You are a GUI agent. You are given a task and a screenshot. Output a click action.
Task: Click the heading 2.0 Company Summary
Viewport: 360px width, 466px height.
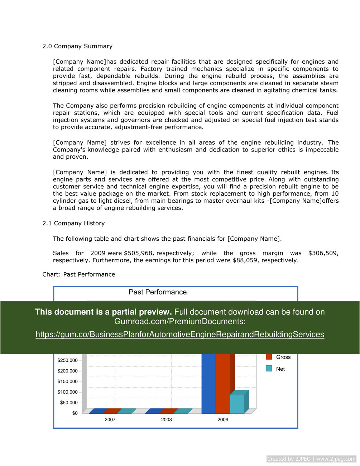(x=77, y=46)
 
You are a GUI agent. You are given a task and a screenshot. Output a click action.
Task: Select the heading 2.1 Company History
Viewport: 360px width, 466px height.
(x=73, y=223)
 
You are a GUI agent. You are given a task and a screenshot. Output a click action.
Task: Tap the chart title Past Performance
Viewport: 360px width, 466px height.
(x=158, y=292)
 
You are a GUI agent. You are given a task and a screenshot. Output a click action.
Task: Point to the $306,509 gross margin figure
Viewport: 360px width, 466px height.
(x=323, y=253)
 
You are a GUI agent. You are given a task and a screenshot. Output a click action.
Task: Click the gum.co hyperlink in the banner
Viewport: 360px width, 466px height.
(x=180, y=335)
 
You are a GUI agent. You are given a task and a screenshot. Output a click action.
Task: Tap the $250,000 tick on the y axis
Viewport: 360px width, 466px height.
(x=67, y=360)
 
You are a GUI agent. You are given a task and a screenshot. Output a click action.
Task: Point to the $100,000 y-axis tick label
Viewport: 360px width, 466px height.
(x=67, y=392)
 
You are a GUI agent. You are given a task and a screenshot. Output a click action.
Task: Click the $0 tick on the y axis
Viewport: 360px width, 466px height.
(x=75, y=413)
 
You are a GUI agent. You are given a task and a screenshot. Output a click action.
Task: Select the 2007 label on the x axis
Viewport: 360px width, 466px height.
(x=110, y=419)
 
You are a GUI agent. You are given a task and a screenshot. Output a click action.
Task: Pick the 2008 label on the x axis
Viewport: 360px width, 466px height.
(x=166, y=419)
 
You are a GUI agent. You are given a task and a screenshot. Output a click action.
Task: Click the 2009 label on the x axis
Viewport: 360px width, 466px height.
(x=223, y=419)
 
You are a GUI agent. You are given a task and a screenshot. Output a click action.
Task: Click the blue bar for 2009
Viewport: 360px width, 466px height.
(x=208, y=383)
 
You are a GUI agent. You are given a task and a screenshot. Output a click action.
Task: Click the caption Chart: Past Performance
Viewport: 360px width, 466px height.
(x=79, y=274)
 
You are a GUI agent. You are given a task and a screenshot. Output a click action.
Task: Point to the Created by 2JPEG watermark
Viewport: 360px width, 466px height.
(x=311, y=459)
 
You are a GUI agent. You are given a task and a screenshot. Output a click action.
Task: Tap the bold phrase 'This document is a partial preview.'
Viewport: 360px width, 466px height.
(x=103, y=312)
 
